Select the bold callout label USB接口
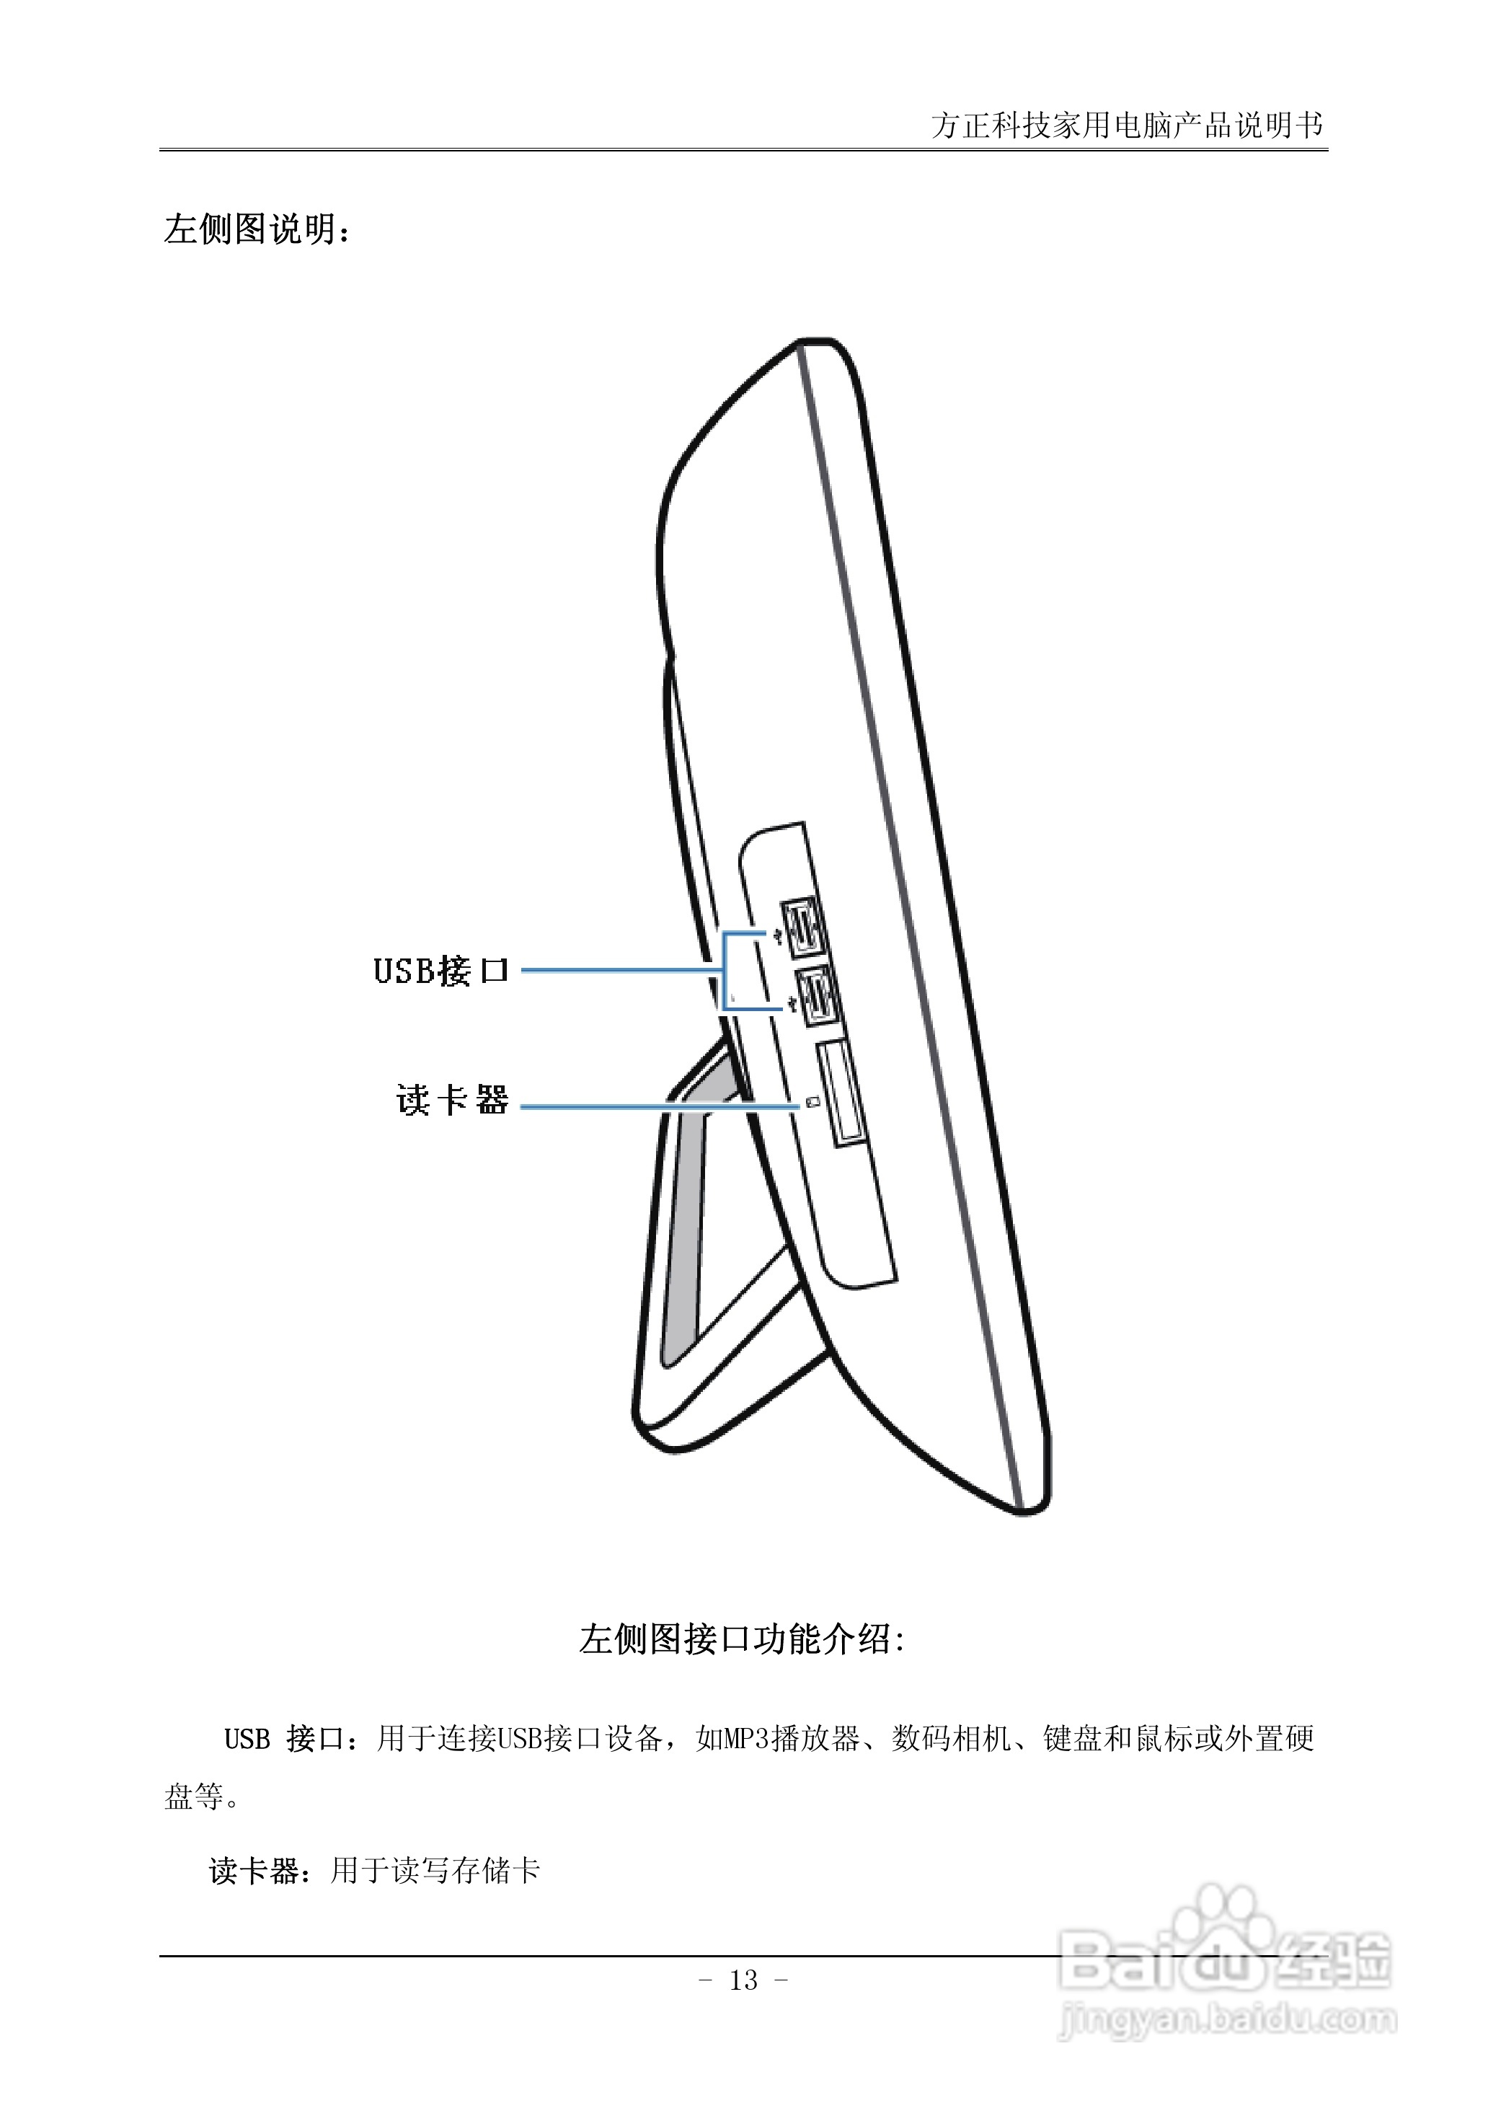[440, 971]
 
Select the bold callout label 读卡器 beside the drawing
[452, 1100]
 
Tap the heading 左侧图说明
[257, 229]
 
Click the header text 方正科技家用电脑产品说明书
[1126, 125]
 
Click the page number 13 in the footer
[743, 1981]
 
